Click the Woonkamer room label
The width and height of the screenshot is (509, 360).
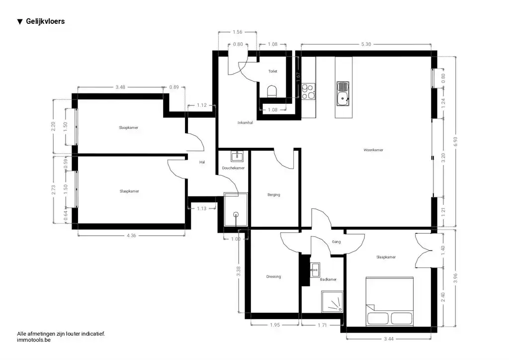pos(373,150)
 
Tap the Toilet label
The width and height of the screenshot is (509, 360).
pos(273,71)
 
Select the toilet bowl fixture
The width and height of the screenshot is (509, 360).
pos(272,91)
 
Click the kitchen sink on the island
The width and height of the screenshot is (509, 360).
pos(342,94)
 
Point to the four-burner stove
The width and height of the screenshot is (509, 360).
pos(308,91)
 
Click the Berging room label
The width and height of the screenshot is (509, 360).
pos(274,195)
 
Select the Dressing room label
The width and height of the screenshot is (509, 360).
pos(273,276)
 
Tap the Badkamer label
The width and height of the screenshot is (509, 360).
pos(328,279)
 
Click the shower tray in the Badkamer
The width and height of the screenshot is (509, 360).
pos(332,301)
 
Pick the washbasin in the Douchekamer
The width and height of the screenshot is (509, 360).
pos(237,156)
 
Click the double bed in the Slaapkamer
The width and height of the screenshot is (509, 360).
pos(390,301)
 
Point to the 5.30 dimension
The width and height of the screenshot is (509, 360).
pos(366,44)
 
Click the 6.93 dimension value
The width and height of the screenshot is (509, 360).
pos(455,141)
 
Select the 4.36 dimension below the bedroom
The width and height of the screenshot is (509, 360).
pos(131,235)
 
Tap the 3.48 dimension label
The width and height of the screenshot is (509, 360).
pos(120,87)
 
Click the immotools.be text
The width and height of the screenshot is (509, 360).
pos(34,340)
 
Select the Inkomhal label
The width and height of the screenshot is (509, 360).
pos(245,123)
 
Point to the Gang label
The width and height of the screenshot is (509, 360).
pos(337,242)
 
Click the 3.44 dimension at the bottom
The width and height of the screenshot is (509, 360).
pos(389,339)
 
